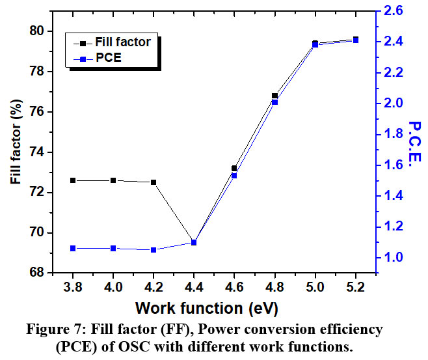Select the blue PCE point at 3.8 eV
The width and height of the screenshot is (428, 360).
73,248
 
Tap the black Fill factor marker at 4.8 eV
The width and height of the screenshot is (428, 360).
274,96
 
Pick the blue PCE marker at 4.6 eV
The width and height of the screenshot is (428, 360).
234,175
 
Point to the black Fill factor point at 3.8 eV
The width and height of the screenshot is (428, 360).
73,180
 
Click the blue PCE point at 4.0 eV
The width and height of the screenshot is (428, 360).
113,248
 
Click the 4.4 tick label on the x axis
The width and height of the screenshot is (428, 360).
194,287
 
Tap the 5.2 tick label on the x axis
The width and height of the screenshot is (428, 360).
355,287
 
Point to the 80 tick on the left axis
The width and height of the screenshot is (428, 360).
36,31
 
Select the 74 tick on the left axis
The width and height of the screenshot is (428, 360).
36,152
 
